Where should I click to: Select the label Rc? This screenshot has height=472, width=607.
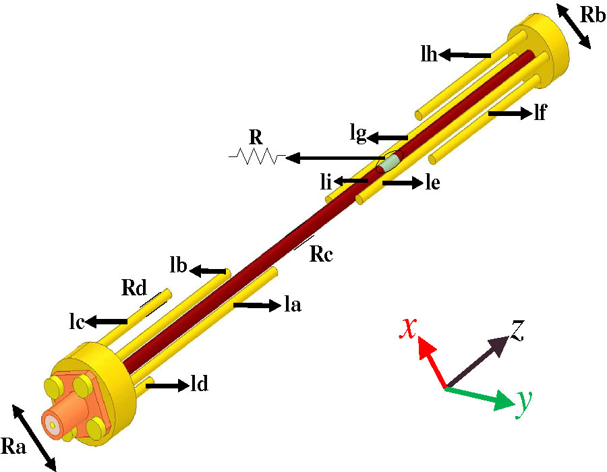coord(322,254)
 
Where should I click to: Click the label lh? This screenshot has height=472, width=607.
coord(428,55)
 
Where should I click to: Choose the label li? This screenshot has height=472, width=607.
coord(326,181)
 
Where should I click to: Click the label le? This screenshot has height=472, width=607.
coord(433,183)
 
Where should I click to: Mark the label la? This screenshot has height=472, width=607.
coord(292,305)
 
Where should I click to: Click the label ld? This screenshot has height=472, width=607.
coord(199,386)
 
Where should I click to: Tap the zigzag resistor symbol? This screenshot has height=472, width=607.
coord(256,157)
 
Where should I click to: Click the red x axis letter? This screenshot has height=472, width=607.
coord(407,327)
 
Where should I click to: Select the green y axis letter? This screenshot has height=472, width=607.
coord(522,403)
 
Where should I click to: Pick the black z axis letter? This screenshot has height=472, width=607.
coord(517,330)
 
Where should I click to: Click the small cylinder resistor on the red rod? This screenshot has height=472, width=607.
coord(390,163)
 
